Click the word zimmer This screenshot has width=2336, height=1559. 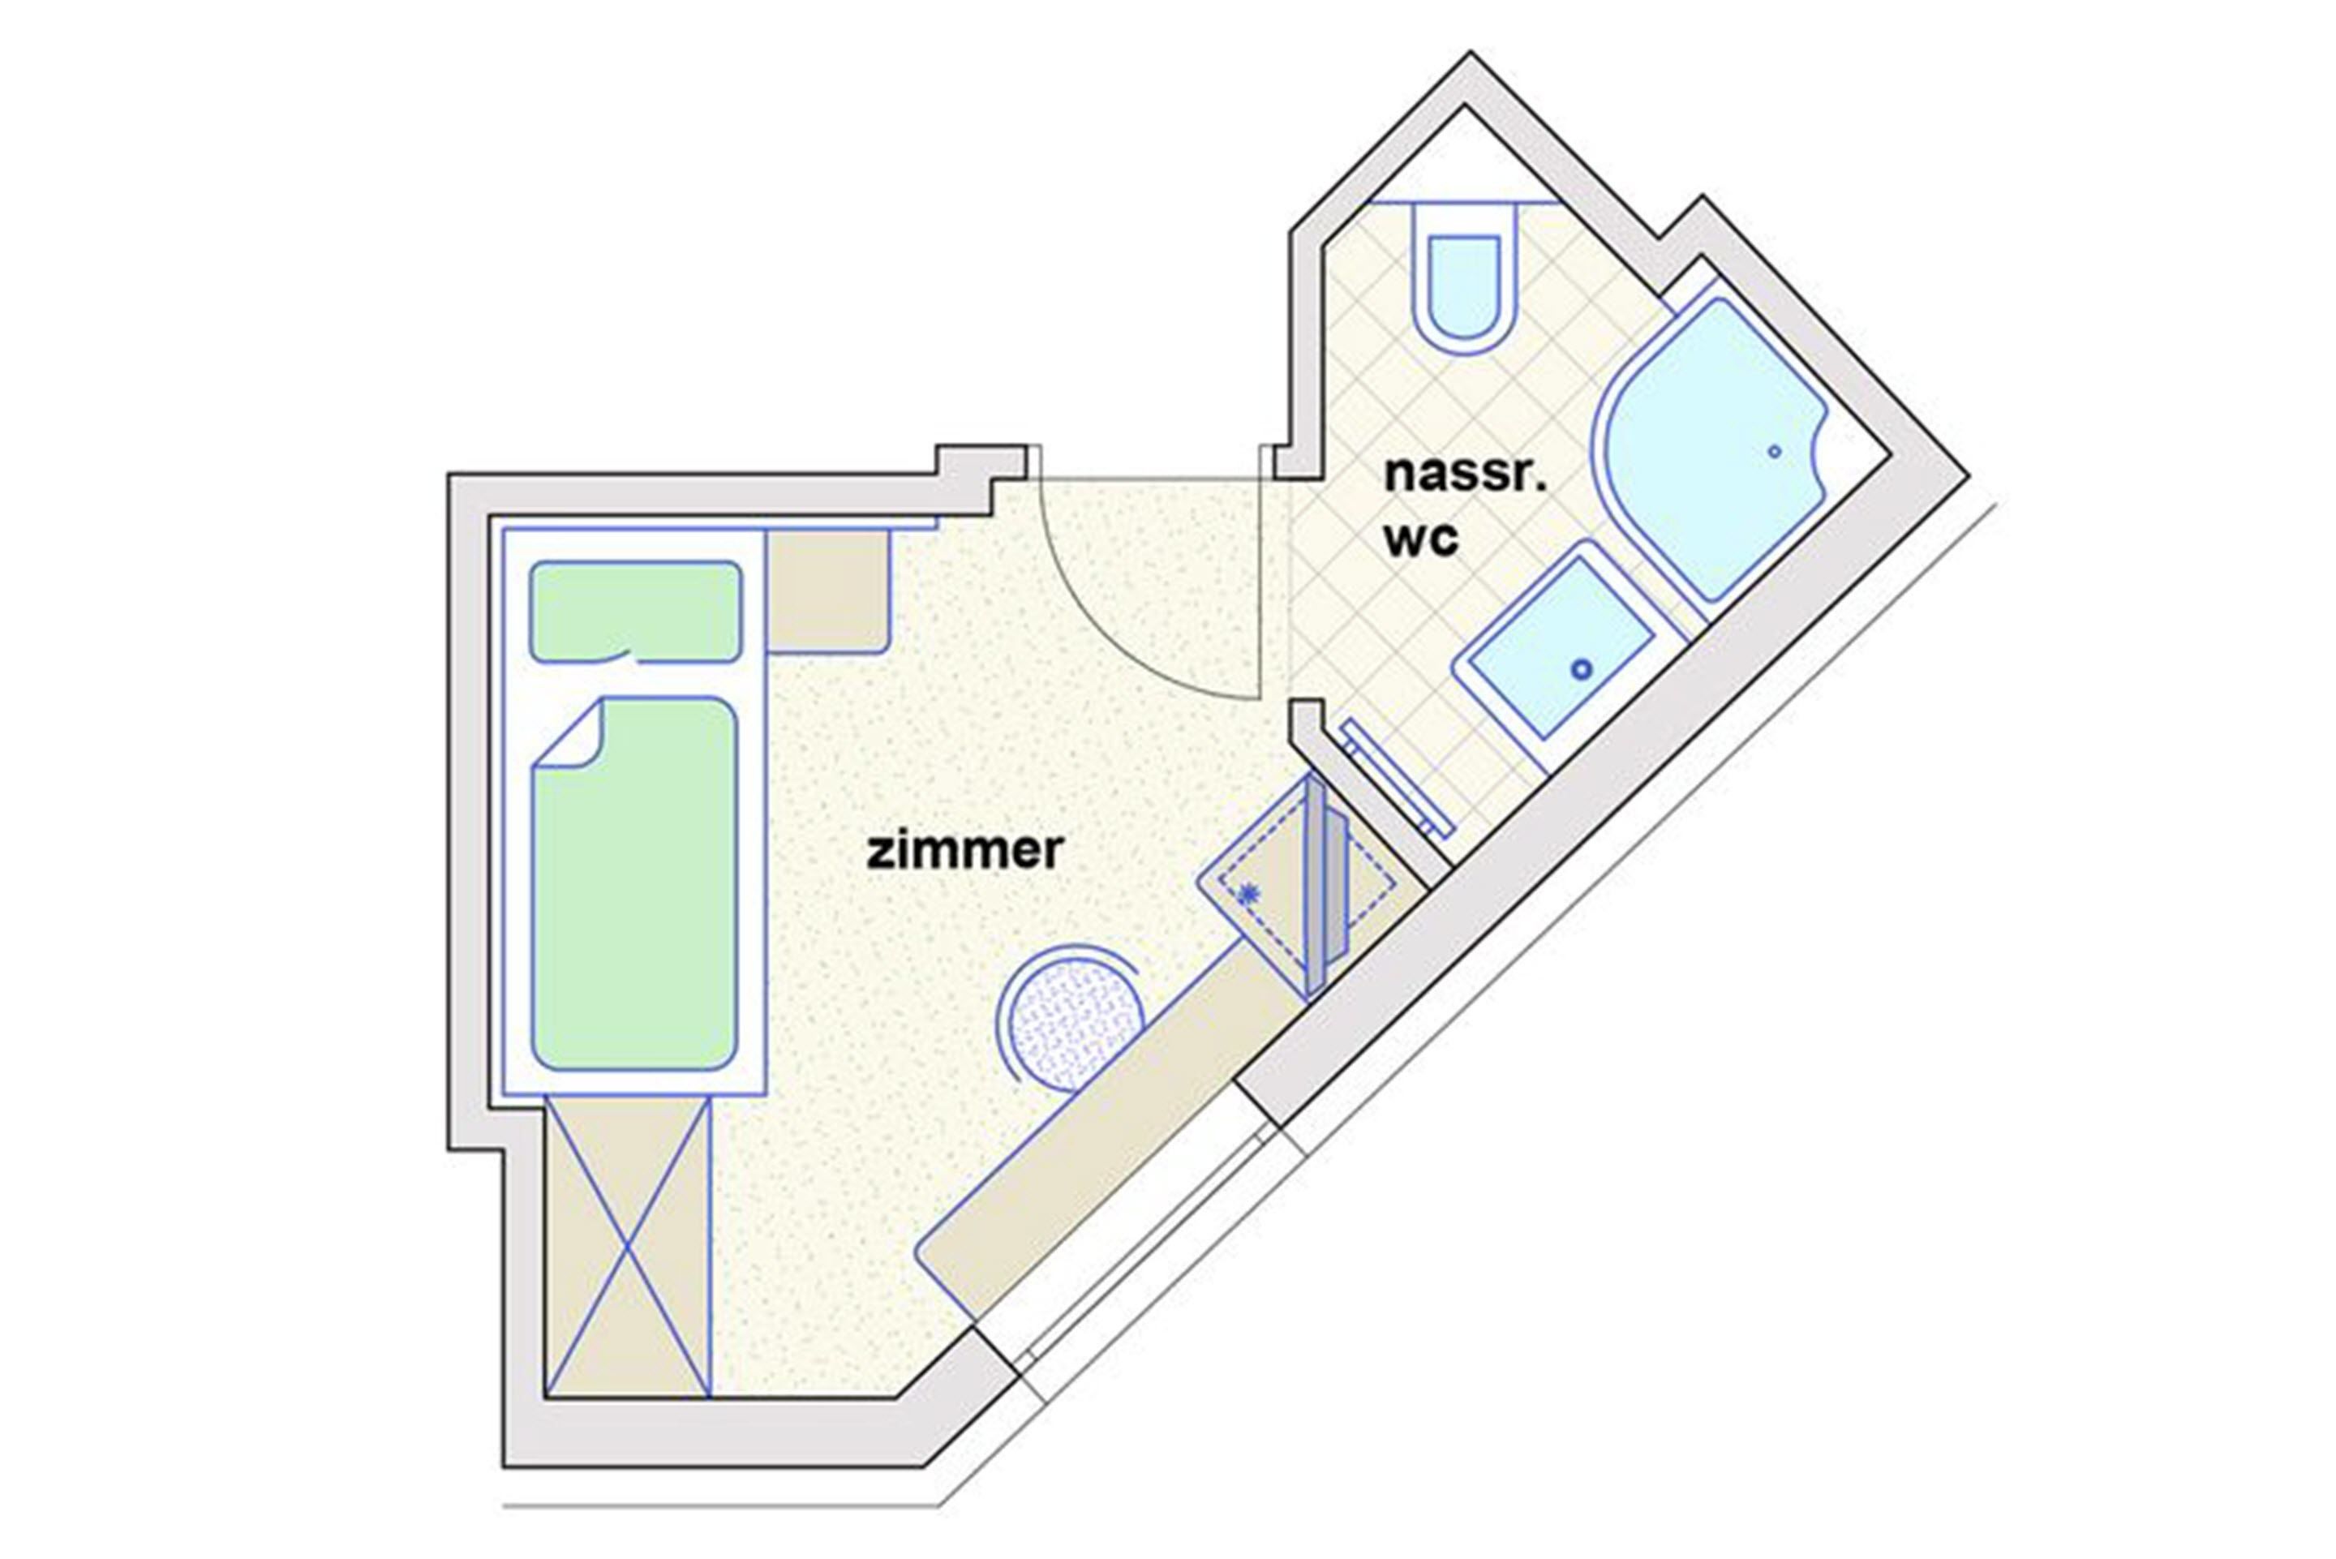pos(964,851)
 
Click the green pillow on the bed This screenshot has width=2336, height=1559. pos(635,611)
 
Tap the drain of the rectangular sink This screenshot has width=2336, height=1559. pos(1581,669)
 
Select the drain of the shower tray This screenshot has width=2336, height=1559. pos(1775,451)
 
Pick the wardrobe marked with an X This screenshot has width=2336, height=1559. pos(629,1247)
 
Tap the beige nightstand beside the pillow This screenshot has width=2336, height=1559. pos(827,591)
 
